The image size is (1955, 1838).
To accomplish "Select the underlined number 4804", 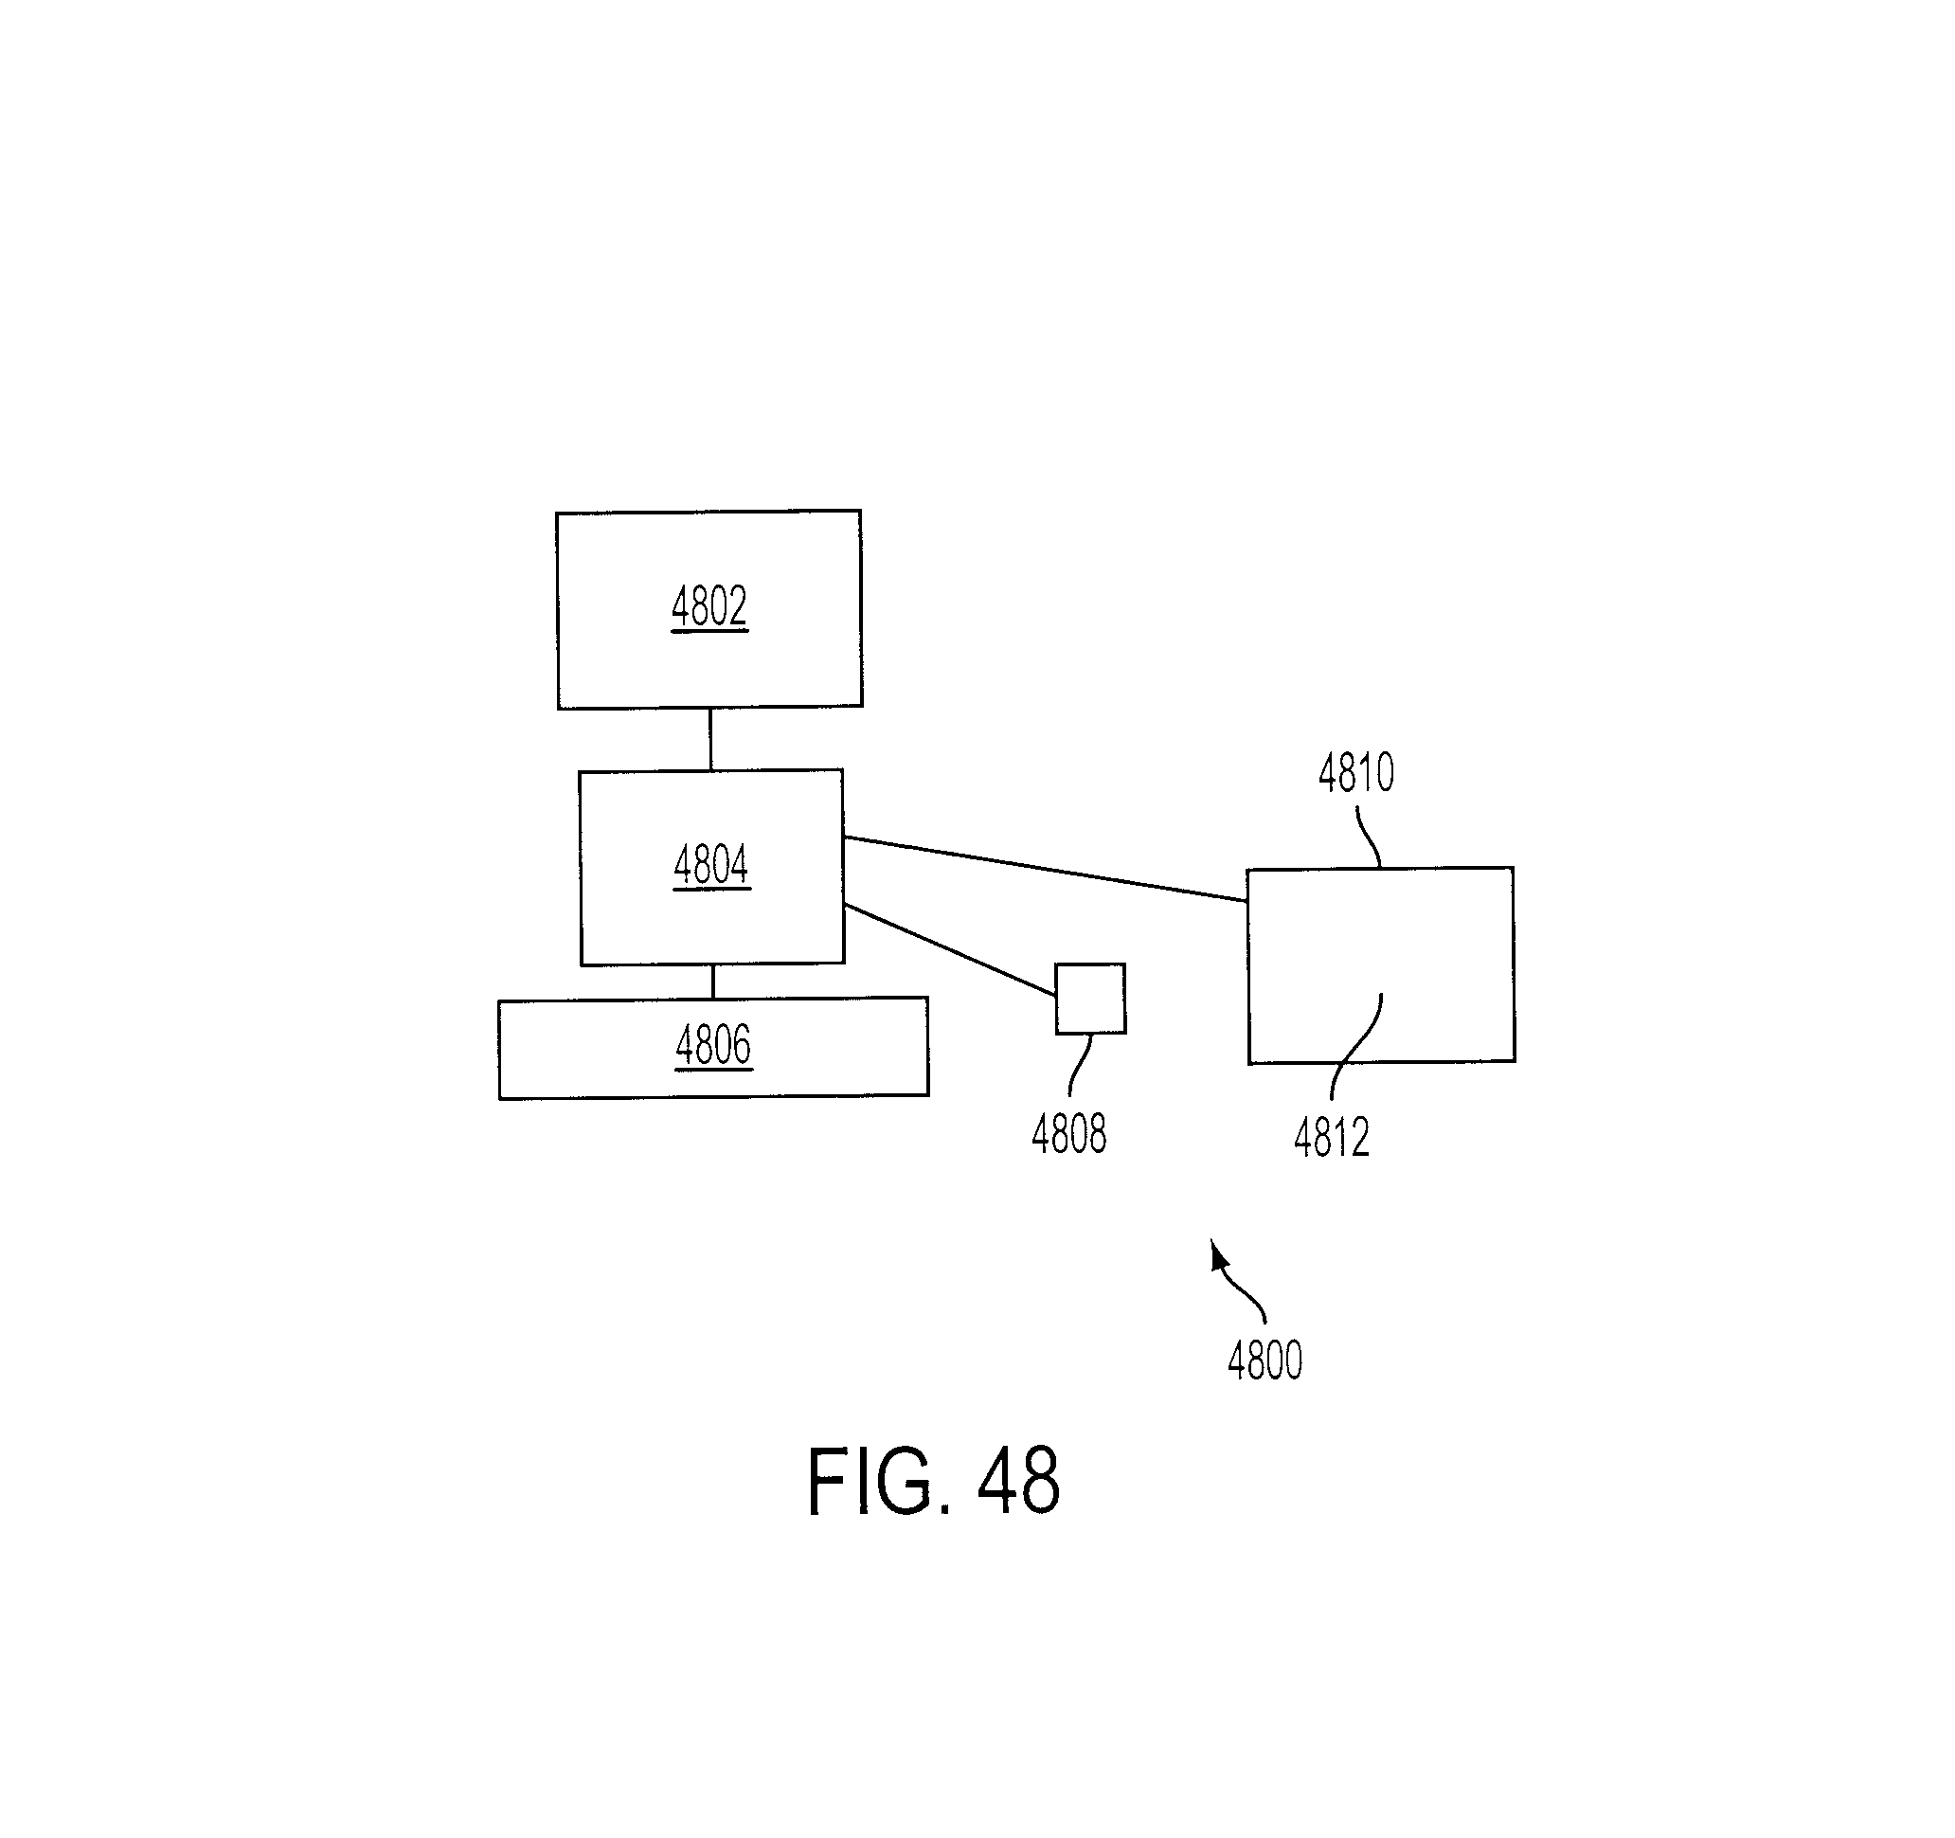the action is point(711,864).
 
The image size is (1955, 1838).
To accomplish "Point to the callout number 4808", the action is point(1069,1134).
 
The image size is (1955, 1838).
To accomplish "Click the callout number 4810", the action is point(1356,773).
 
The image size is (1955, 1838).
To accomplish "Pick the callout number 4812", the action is point(1332,1138).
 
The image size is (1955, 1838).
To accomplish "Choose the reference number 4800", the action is point(1264,1361).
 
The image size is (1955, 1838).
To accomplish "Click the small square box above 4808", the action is point(1090,999).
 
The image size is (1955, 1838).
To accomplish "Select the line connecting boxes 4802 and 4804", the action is point(710,739).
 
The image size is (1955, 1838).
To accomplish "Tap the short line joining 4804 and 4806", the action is point(713,982).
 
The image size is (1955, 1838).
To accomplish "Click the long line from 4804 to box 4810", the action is point(1046,869).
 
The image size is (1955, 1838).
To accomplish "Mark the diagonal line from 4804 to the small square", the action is point(950,950).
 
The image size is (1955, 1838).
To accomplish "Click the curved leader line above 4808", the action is point(1079,1065).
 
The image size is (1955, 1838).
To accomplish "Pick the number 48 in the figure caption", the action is point(1019,1481).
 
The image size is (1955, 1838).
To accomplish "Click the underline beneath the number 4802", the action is point(709,629).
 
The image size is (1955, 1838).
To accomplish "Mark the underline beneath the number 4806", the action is point(713,1068).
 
